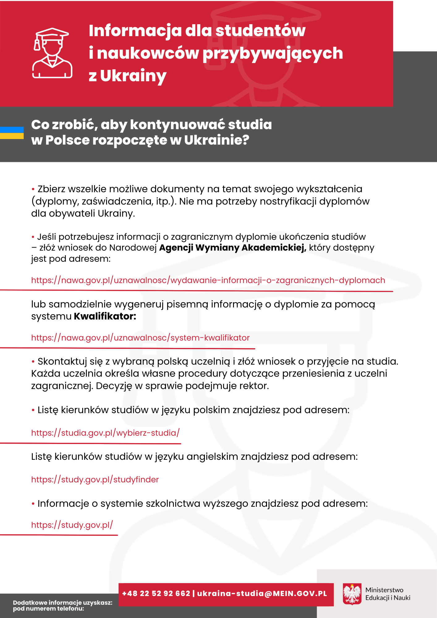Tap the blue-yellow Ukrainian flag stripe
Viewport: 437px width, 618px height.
pos(12,133)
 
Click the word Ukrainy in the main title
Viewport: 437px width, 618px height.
pos(133,76)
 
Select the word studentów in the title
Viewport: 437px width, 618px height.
pos(260,31)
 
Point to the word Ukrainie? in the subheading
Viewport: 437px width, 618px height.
pos(217,140)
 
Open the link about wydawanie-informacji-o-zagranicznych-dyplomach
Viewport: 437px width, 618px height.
pos(208,280)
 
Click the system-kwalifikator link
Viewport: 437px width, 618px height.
pos(140,338)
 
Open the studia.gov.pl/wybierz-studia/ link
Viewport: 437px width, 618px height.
pos(105,433)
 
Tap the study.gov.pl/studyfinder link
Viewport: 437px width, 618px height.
pos(95,480)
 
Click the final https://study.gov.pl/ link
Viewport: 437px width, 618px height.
pos(72,525)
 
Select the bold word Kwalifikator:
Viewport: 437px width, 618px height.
pos(105,316)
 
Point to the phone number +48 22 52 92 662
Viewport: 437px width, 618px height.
pos(156,594)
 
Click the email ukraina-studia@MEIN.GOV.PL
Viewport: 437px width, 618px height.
pos(262,594)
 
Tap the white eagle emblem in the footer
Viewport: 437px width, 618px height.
pos(352,594)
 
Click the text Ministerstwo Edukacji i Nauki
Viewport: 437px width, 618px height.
pos(388,594)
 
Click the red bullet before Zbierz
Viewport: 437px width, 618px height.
pos(33,189)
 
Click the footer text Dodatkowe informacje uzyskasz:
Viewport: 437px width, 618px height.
pos(63,603)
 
